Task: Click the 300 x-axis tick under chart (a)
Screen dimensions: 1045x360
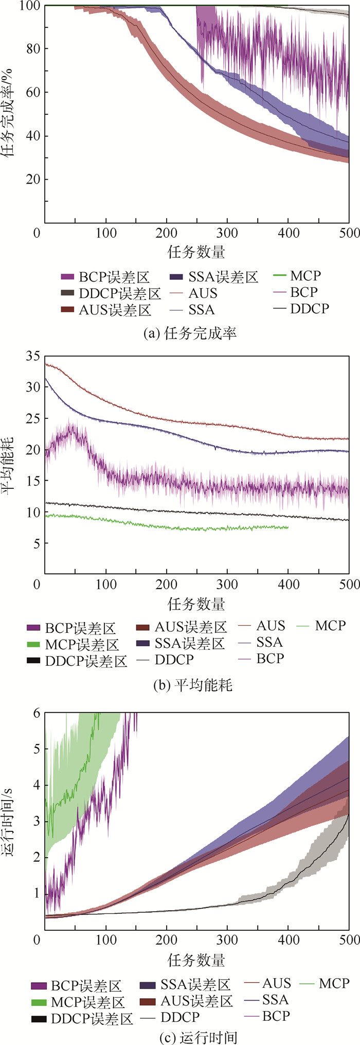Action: (x=227, y=233)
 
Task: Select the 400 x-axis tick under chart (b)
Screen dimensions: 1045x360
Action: (x=288, y=585)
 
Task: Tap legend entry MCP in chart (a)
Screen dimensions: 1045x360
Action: (x=304, y=276)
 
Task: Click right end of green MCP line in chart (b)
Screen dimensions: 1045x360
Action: (x=288, y=527)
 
